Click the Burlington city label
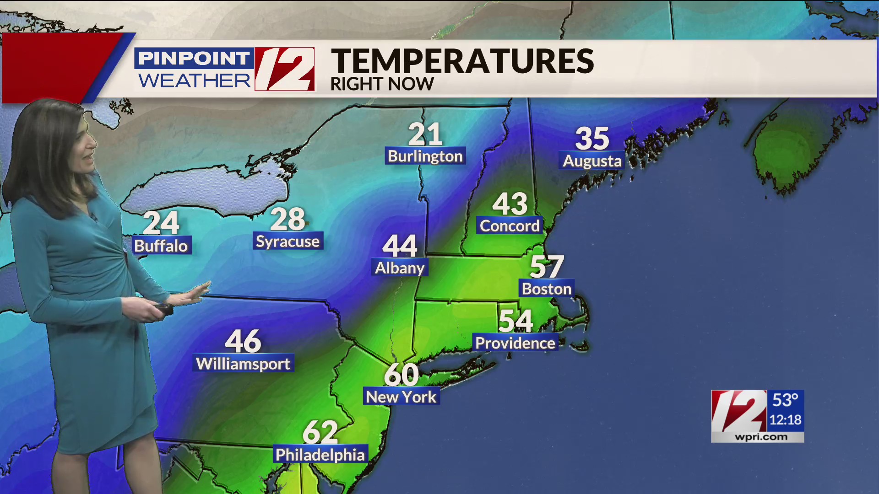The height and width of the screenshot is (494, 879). click(425, 156)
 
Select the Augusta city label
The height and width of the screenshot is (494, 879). click(592, 161)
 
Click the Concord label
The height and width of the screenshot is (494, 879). click(510, 226)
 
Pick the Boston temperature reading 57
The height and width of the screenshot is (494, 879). click(547, 267)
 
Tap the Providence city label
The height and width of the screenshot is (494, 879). click(515, 343)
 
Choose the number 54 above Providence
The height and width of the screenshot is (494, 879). click(515, 321)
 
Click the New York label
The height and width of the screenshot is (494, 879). click(401, 397)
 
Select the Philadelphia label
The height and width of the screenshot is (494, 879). click(320, 455)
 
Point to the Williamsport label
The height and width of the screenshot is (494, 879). click(243, 364)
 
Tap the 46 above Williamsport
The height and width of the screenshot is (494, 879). click(243, 341)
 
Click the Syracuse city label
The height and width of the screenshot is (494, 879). click(288, 241)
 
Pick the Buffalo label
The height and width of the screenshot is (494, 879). click(161, 246)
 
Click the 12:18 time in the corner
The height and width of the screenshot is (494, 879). click(785, 420)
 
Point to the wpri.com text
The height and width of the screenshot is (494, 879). click(761, 437)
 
